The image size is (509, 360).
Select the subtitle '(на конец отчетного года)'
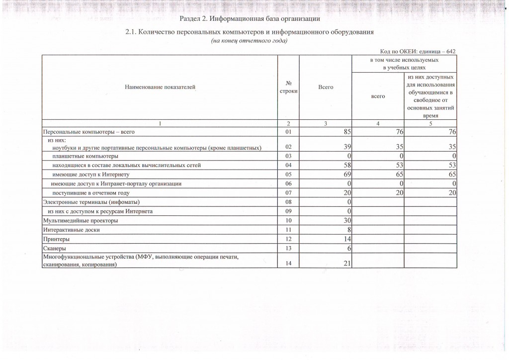[x=250, y=41]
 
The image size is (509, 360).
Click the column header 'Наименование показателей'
[x=160, y=88]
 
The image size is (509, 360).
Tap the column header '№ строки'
[x=288, y=88]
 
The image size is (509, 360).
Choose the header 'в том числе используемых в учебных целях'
[x=404, y=63]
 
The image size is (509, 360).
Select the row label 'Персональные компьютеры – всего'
[x=89, y=132]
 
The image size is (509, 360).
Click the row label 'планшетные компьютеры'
[x=82, y=156]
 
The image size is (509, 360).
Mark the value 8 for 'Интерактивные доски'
[x=349, y=230]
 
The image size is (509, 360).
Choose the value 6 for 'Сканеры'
[x=349, y=248]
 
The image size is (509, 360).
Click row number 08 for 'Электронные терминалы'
[x=288, y=202]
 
